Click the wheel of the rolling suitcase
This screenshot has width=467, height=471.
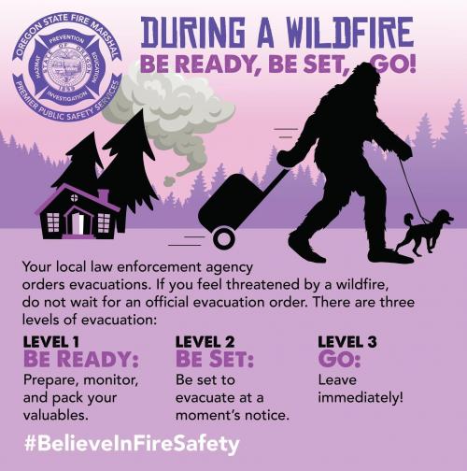click(224, 238)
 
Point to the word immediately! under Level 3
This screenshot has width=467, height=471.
click(361, 397)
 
